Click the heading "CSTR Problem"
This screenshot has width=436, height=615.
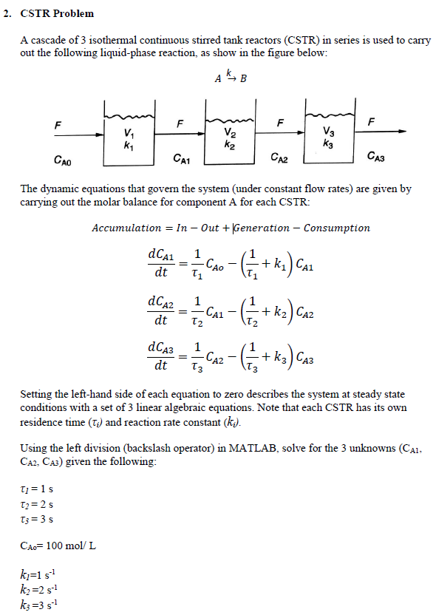(57, 14)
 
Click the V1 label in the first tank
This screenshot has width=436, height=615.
(130, 133)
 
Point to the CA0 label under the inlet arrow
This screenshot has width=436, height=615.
(63, 159)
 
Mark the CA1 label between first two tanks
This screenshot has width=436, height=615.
(181, 158)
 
